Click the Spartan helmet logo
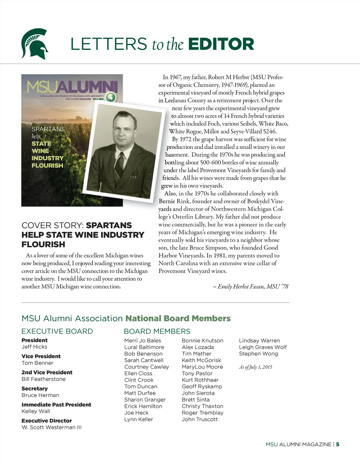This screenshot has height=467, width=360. coord(34,44)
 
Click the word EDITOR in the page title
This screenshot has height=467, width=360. coord(221,44)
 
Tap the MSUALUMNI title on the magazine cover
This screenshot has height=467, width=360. coord(72,87)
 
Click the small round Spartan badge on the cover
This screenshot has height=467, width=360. coord(111,97)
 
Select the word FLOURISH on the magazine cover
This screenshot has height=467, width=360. coord(47,166)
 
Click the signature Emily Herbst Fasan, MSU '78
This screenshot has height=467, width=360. coord(250,287)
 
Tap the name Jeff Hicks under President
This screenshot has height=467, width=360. coord(34,347)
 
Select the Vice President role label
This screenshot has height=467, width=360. coord(41,356)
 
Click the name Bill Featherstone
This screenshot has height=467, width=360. coord(44,379)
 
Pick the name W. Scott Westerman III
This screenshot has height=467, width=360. coord(51,427)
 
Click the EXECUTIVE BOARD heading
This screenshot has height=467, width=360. coord(57,331)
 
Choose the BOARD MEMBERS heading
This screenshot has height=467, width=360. coord(157,331)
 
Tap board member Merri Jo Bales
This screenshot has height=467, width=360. coord(142,340)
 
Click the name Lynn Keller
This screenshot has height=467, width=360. coord(139,419)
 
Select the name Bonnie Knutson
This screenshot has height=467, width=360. coord(202,340)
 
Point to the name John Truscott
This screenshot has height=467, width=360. coord(199,419)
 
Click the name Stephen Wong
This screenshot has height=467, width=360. coord(258,354)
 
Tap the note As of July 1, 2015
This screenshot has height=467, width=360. coord(256,367)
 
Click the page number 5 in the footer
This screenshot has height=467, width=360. coord(337,445)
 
